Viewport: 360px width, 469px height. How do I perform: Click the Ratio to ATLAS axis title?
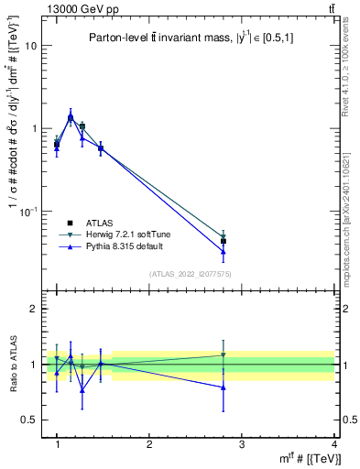coord(13,365)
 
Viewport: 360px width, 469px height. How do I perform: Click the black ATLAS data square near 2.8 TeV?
coord(224,241)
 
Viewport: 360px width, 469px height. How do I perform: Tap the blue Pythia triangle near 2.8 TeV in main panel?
coord(224,251)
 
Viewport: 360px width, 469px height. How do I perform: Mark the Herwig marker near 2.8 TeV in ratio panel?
coord(224,355)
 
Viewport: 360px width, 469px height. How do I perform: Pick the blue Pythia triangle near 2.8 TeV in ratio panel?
coord(224,387)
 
